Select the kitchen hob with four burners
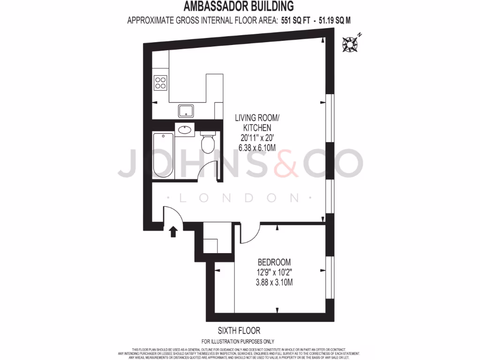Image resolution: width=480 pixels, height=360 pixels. pos(160,82)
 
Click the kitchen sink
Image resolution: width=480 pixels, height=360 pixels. pos(185,111)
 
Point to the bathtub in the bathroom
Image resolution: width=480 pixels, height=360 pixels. pos(163,155)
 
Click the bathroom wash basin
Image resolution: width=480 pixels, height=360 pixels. pos(185,129)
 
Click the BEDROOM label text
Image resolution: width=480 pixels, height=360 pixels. pos(274,262)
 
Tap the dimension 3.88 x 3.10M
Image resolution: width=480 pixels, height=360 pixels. pos(274,282)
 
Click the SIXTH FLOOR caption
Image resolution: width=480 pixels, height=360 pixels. pos(239,330)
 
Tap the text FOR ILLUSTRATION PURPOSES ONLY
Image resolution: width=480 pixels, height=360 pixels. pos(238,341)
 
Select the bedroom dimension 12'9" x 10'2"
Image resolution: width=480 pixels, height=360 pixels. pos(274,272)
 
